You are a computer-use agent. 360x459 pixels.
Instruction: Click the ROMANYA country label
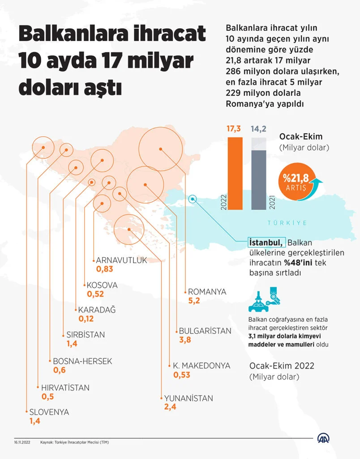(x=207, y=292)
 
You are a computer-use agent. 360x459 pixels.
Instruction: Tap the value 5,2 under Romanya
(x=194, y=301)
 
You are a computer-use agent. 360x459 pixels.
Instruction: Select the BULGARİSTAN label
(x=205, y=331)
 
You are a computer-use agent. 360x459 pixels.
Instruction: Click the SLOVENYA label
(x=49, y=412)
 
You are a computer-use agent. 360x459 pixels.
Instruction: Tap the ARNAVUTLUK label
(x=121, y=260)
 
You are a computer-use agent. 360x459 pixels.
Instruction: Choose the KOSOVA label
(x=102, y=285)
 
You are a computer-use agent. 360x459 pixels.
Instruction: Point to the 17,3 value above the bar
(x=234, y=129)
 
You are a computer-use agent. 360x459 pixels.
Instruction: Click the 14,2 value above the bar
(x=259, y=129)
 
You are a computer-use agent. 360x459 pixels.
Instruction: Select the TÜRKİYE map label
(x=287, y=223)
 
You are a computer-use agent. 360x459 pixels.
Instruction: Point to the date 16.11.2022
(x=21, y=442)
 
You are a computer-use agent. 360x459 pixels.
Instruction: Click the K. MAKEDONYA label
(x=201, y=366)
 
